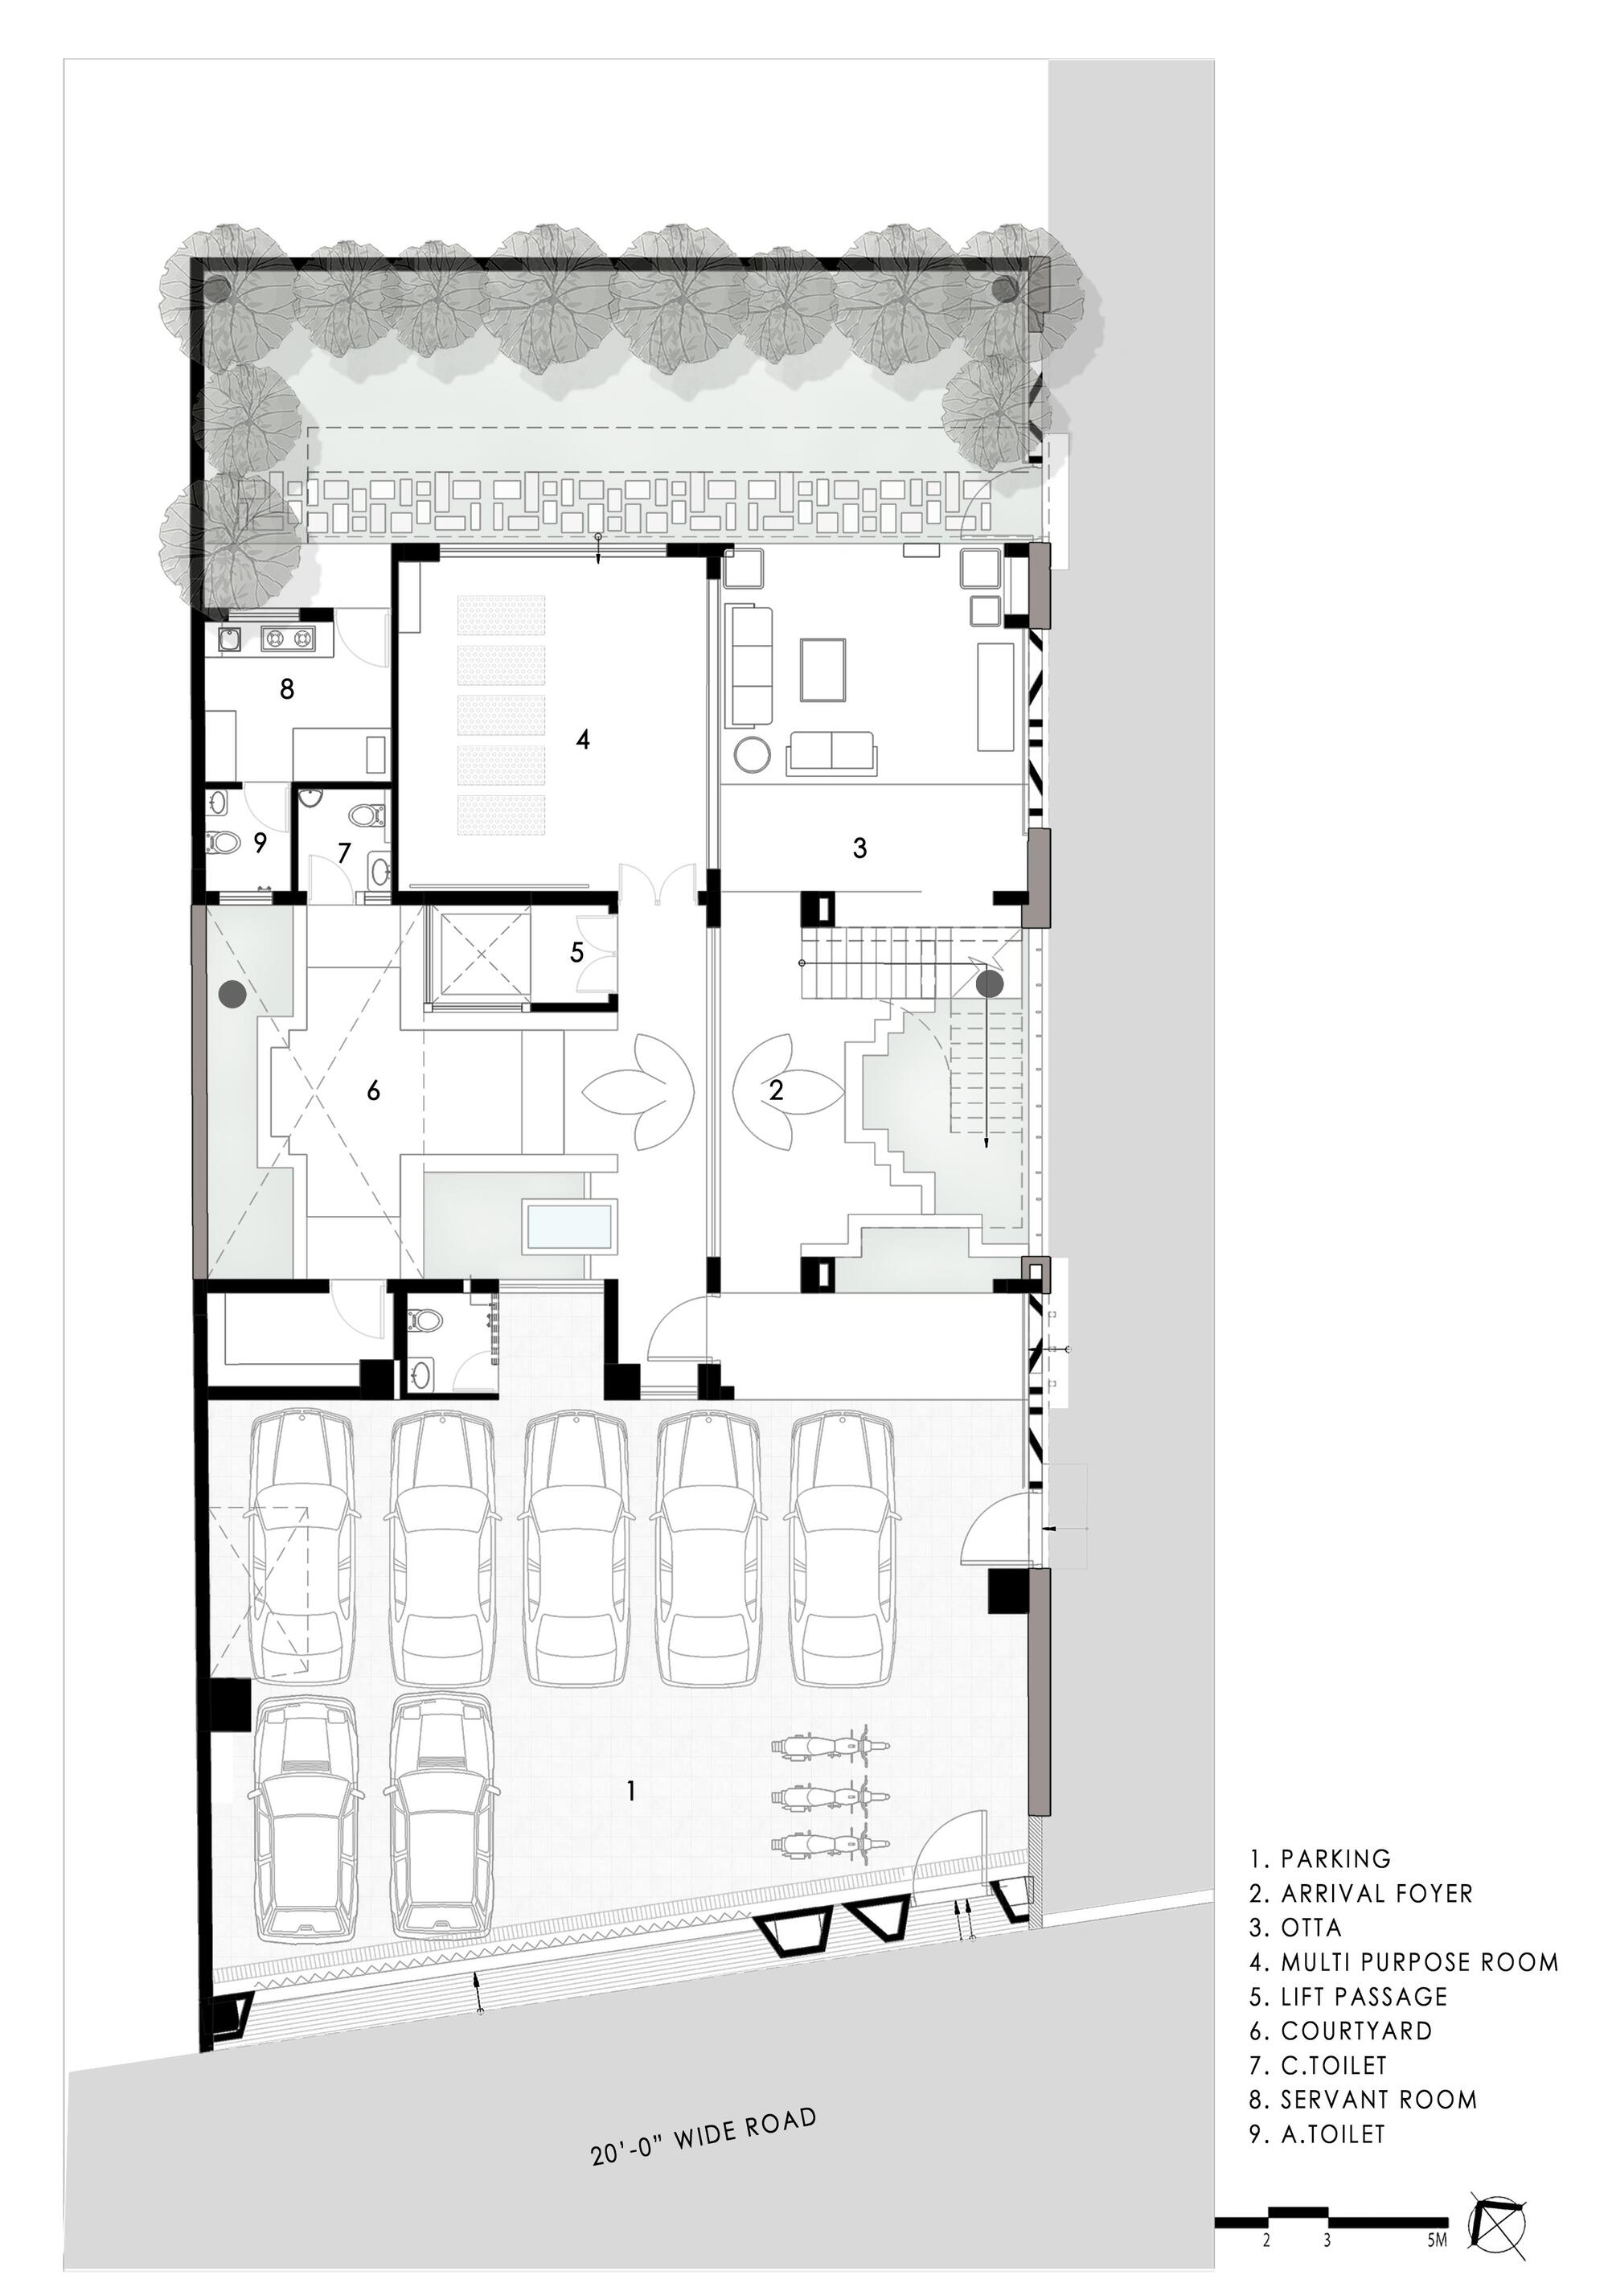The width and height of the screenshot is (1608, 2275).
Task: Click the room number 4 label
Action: pos(583,739)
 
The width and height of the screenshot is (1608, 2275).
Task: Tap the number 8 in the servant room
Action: pos(286,688)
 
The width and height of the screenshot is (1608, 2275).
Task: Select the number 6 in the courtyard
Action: pos(374,1091)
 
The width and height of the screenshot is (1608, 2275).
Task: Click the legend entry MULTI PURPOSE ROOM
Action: pos(1419,1962)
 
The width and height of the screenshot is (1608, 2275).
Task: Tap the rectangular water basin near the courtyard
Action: pos(568,1226)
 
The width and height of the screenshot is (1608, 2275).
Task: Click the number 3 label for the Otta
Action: pos(860,848)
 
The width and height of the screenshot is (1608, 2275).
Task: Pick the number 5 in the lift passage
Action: pos(576,952)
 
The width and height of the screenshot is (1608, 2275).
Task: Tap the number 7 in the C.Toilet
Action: pos(344,853)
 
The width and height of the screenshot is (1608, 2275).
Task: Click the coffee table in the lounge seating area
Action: pos(823,670)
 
